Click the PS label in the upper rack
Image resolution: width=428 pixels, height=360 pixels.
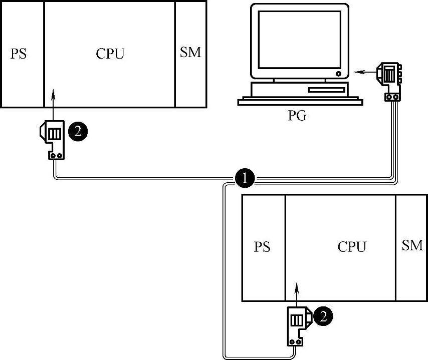pyautogui.click(x=19, y=54)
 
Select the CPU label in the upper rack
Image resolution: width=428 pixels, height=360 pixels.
pyautogui.click(x=110, y=54)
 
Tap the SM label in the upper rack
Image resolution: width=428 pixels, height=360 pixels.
pyautogui.click(x=190, y=53)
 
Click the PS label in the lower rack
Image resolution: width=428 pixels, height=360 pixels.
pyautogui.click(x=262, y=247)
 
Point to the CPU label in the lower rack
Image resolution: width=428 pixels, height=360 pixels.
pyautogui.click(x=352, y=247)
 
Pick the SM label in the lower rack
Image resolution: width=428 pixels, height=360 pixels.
pyautogui.click(x=412, y=245)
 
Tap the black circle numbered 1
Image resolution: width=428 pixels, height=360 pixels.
pyautogui.click(x=245, y=177)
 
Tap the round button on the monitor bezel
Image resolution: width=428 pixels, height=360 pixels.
pyautogui.click(x=339, y=73)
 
